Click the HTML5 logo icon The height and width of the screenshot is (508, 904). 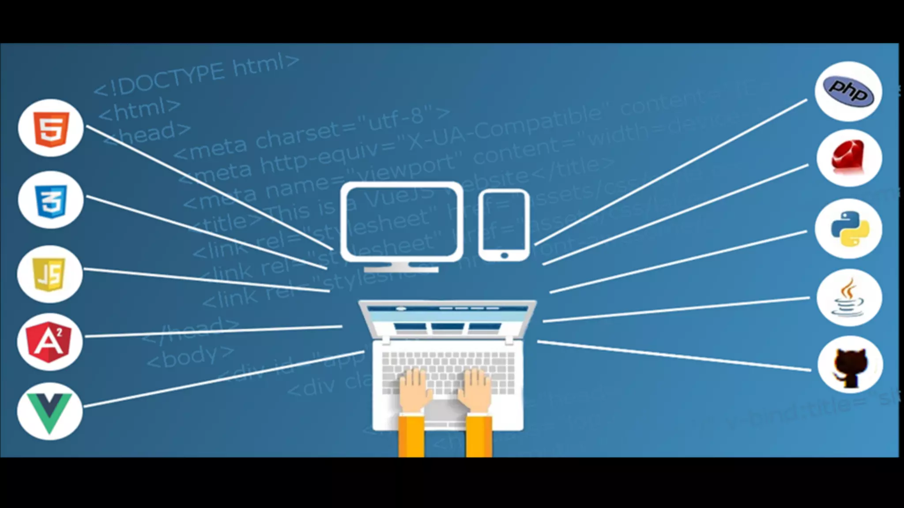[51, 128]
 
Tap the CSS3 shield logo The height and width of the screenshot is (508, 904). [51, 201]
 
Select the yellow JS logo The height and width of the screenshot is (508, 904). [49, 274]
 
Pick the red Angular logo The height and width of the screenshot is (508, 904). [49, 342]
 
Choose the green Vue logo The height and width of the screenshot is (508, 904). [49, 411]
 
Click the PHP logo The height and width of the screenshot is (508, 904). [848, 91]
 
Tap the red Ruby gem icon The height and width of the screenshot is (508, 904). [849, 157]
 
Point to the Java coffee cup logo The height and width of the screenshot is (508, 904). [848, 298]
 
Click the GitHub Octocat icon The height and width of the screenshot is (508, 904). [850, 365]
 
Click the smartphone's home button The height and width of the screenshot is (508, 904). [505, 255]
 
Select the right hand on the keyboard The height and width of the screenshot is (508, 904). [475, 388]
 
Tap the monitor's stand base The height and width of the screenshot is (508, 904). [401, 269]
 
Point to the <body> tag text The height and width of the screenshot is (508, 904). [190, 356]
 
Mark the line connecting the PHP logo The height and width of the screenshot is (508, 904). [671, 172]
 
